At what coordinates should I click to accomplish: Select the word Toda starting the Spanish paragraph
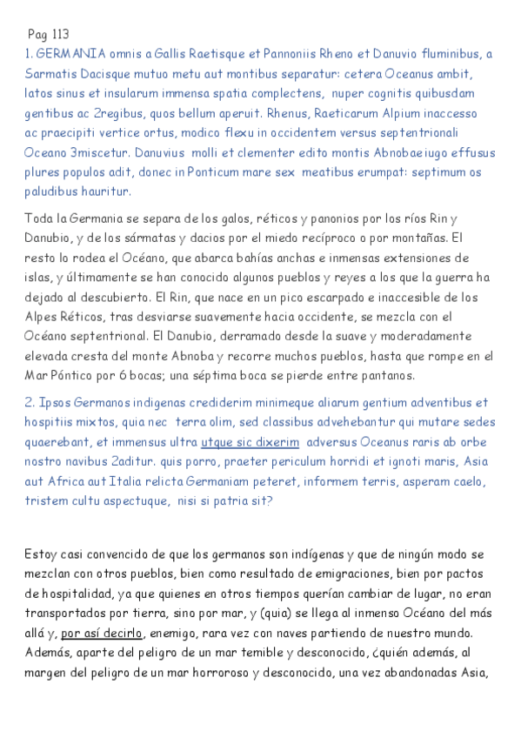[40, 218]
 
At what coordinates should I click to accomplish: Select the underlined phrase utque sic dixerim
[250, 442]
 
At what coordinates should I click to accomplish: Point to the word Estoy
[42, 554]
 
